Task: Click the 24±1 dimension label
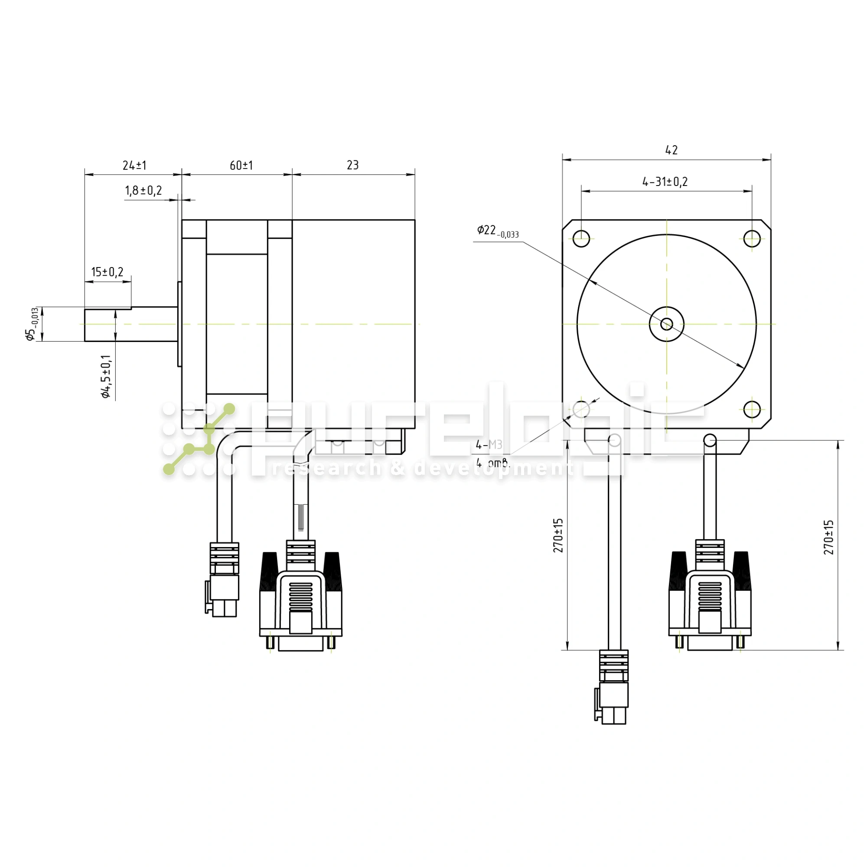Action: tap(135, 166)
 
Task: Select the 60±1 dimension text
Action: tap(241, 166)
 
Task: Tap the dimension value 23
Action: tap(353, 165)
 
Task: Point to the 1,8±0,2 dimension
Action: tap(143, 191)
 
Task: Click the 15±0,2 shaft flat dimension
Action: tap(107, 272)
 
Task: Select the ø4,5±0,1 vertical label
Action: tap(106, 376)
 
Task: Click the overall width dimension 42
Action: tap(671, 150)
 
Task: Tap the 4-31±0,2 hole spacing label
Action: tap(665, 182)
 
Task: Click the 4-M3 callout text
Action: tap(489, 445)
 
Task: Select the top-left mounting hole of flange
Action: tap(582, 238)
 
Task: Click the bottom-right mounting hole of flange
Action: tap(752, 409)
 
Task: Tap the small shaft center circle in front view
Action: tap(667, 324)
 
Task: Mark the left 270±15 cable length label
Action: tap(558, 536)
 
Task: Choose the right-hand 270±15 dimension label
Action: tap(829, 537)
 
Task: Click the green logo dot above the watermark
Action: tap(229, 409)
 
